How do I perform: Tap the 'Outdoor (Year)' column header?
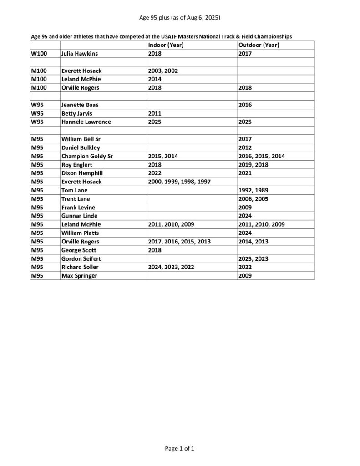[258, 45]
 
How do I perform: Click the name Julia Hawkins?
[80, 54]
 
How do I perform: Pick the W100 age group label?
[39, 54]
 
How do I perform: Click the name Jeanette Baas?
[80, 105]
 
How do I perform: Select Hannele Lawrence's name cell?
[86, 122]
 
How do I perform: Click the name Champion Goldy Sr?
[87, 156]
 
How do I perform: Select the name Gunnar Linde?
[79, 216]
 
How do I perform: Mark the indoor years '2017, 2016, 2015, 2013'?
[179, 241]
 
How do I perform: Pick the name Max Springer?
[79, 276]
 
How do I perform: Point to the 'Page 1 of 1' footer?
[180, 449]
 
